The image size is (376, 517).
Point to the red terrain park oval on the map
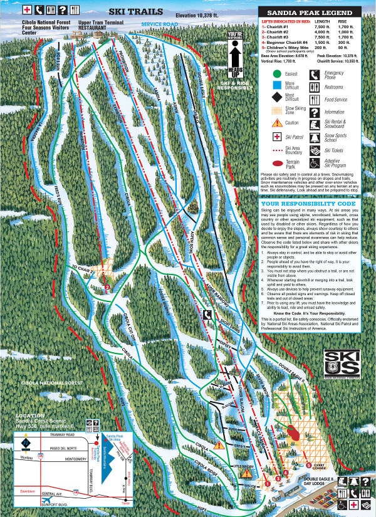293,432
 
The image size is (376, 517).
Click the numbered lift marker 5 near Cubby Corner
308,464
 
